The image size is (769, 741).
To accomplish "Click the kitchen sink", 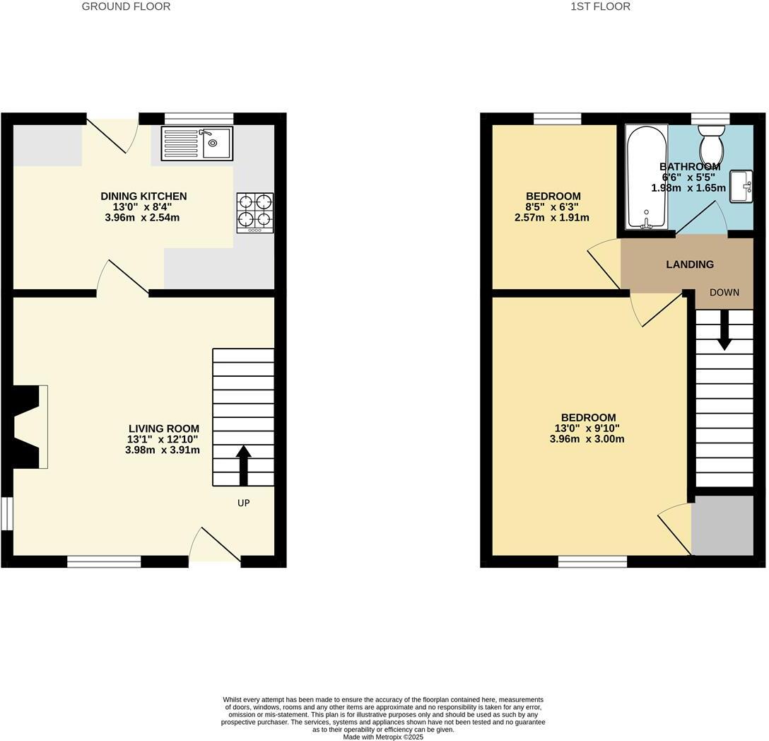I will (197, 144).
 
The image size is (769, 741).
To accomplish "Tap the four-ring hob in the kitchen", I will (254, 212).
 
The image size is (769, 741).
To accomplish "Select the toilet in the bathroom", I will (711, 144).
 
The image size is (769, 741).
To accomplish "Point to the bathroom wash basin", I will (741, 186).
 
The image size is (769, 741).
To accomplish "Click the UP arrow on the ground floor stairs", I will (243, 465).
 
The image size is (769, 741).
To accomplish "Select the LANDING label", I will (690, 264).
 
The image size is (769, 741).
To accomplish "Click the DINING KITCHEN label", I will (143, 196).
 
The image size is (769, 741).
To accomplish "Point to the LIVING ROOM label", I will (164, 428).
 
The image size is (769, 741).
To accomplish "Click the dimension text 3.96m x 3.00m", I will (587, 438).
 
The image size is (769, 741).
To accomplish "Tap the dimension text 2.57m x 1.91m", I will (551, 217).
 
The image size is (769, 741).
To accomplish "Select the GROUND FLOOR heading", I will (126, 6).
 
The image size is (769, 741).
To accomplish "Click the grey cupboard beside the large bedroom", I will (722, 525).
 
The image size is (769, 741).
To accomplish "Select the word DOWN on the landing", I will (724, 292).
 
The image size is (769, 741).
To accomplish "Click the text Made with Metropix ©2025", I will (383, 737).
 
